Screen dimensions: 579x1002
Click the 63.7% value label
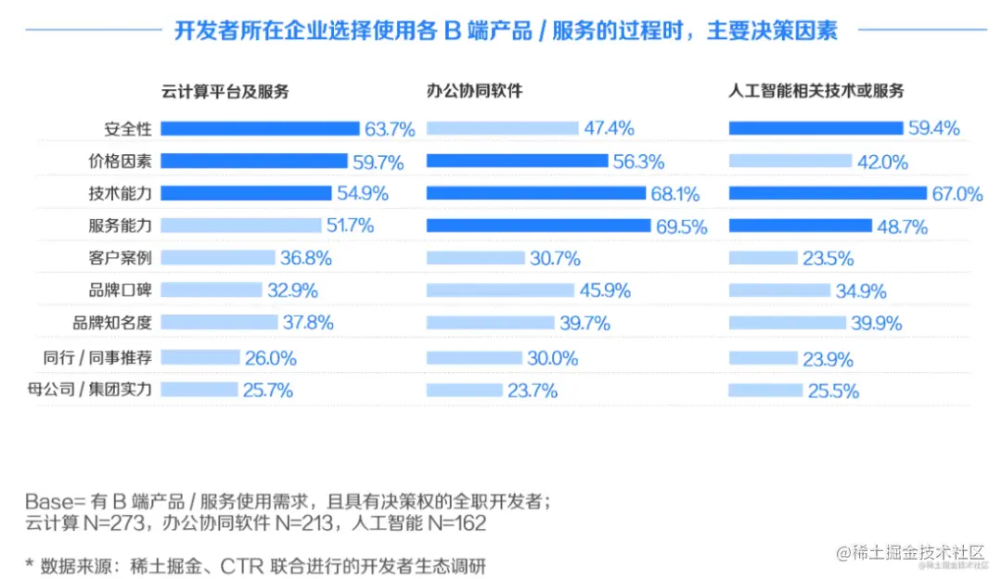click(390, 129)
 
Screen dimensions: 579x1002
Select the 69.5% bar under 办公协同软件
click(539, 225)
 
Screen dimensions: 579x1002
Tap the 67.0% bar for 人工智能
click(828, 193)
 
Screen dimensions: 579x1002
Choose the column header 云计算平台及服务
click(225, 91)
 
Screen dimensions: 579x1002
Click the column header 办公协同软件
click(475, 91)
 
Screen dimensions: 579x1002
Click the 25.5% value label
click(832, 391)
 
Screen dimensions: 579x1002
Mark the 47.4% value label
click(609, 129)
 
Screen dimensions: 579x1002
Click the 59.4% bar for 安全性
click(816, 128)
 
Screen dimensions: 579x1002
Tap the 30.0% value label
click(553, 358)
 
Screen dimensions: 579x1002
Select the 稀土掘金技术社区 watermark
click(909, 554)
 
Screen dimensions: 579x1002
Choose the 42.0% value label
click(881, 161)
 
